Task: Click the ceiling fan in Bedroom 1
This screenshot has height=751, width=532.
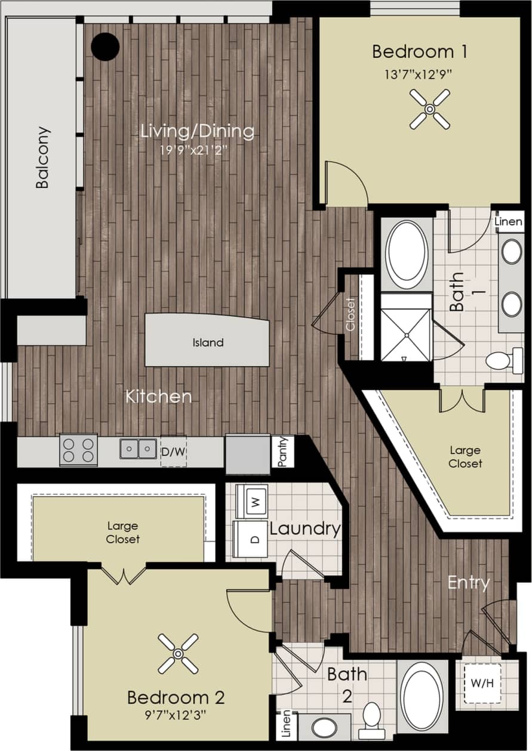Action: pos(429,109)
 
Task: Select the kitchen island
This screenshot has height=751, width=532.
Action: pos(207,341)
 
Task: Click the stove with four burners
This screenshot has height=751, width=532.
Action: pos(78,450)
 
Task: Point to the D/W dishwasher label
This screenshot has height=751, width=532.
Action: pos(173,452)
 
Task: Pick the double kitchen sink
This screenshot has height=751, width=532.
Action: pos(138,449)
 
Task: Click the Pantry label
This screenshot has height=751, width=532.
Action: pos(282,452)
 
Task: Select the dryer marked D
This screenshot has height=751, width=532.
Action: pos(250,539)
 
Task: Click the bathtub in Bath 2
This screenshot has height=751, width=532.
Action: pos(422,696)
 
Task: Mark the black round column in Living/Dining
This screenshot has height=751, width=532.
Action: pos(105,46)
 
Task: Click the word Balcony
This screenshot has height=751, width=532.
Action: pos(42,157)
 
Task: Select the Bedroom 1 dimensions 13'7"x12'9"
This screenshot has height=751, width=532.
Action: pos(420,75)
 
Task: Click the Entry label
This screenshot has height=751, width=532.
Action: pos(469,582)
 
